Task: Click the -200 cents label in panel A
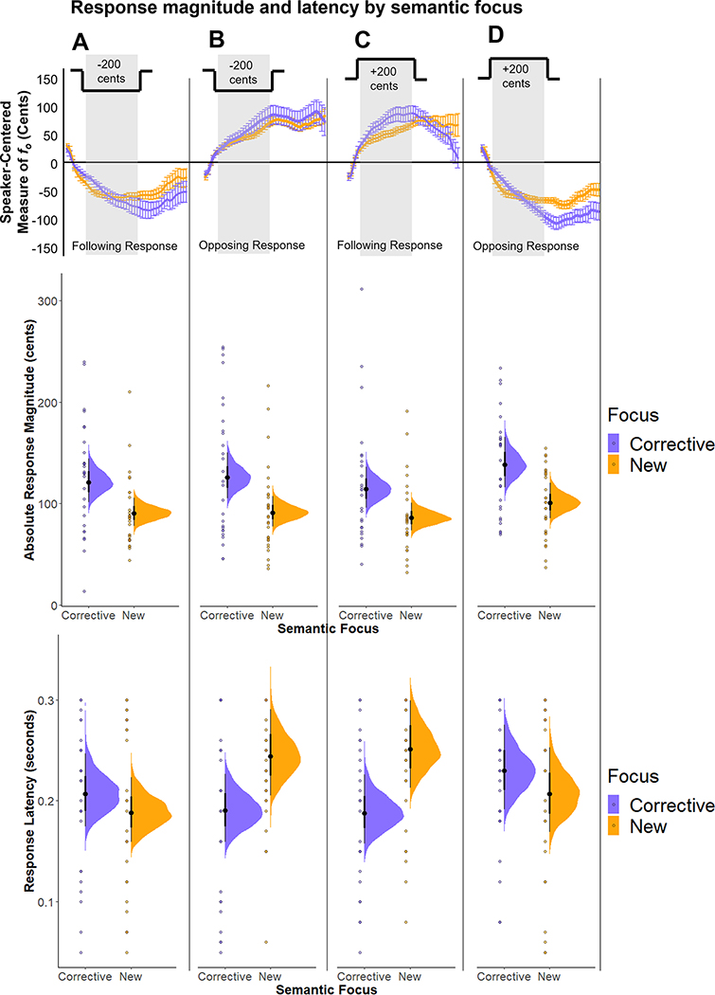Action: pyautogui.click(x=111, y=72)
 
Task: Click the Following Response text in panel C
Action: pyautogui.click(x=390, y=245)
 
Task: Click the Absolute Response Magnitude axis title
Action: pyautogui.click(x=30, y=440)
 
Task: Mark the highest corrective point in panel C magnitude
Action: pyautogui.click(x=361, y=289)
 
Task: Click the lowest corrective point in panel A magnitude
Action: pyautogui.click(x=84, y=591)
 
